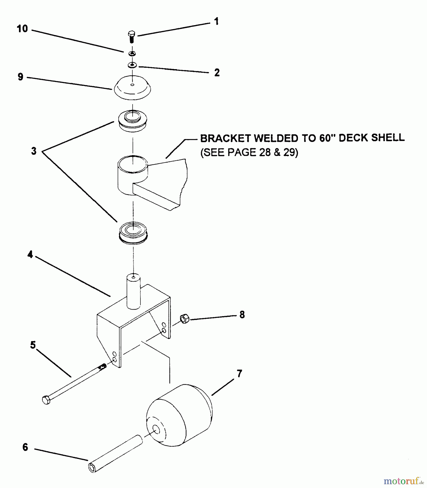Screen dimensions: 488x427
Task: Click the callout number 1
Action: [x=216, y=21]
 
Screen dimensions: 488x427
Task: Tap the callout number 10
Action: [x=22, y=28]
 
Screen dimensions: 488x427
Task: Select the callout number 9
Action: [x=21, y=77]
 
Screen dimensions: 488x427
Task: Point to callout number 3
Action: [x=34, y=151]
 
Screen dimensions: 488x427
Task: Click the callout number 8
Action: [x=242, y=315]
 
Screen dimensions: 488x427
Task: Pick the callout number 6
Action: [x=25, y=447]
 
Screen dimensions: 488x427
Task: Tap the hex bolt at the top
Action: [x=132, y=36]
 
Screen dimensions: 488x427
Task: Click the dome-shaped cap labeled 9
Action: [x=132, y=87]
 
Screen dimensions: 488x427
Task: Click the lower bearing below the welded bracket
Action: [x=133, y=233]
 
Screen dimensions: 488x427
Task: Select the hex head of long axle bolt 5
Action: [x=46, y=400]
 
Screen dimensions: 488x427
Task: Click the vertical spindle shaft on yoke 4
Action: [x=134, y=291]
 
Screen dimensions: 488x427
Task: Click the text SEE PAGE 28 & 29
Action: [x=249, y=153]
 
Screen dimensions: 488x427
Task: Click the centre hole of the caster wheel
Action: [x=156, y=429]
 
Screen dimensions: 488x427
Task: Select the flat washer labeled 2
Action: [x=132, y=65]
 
